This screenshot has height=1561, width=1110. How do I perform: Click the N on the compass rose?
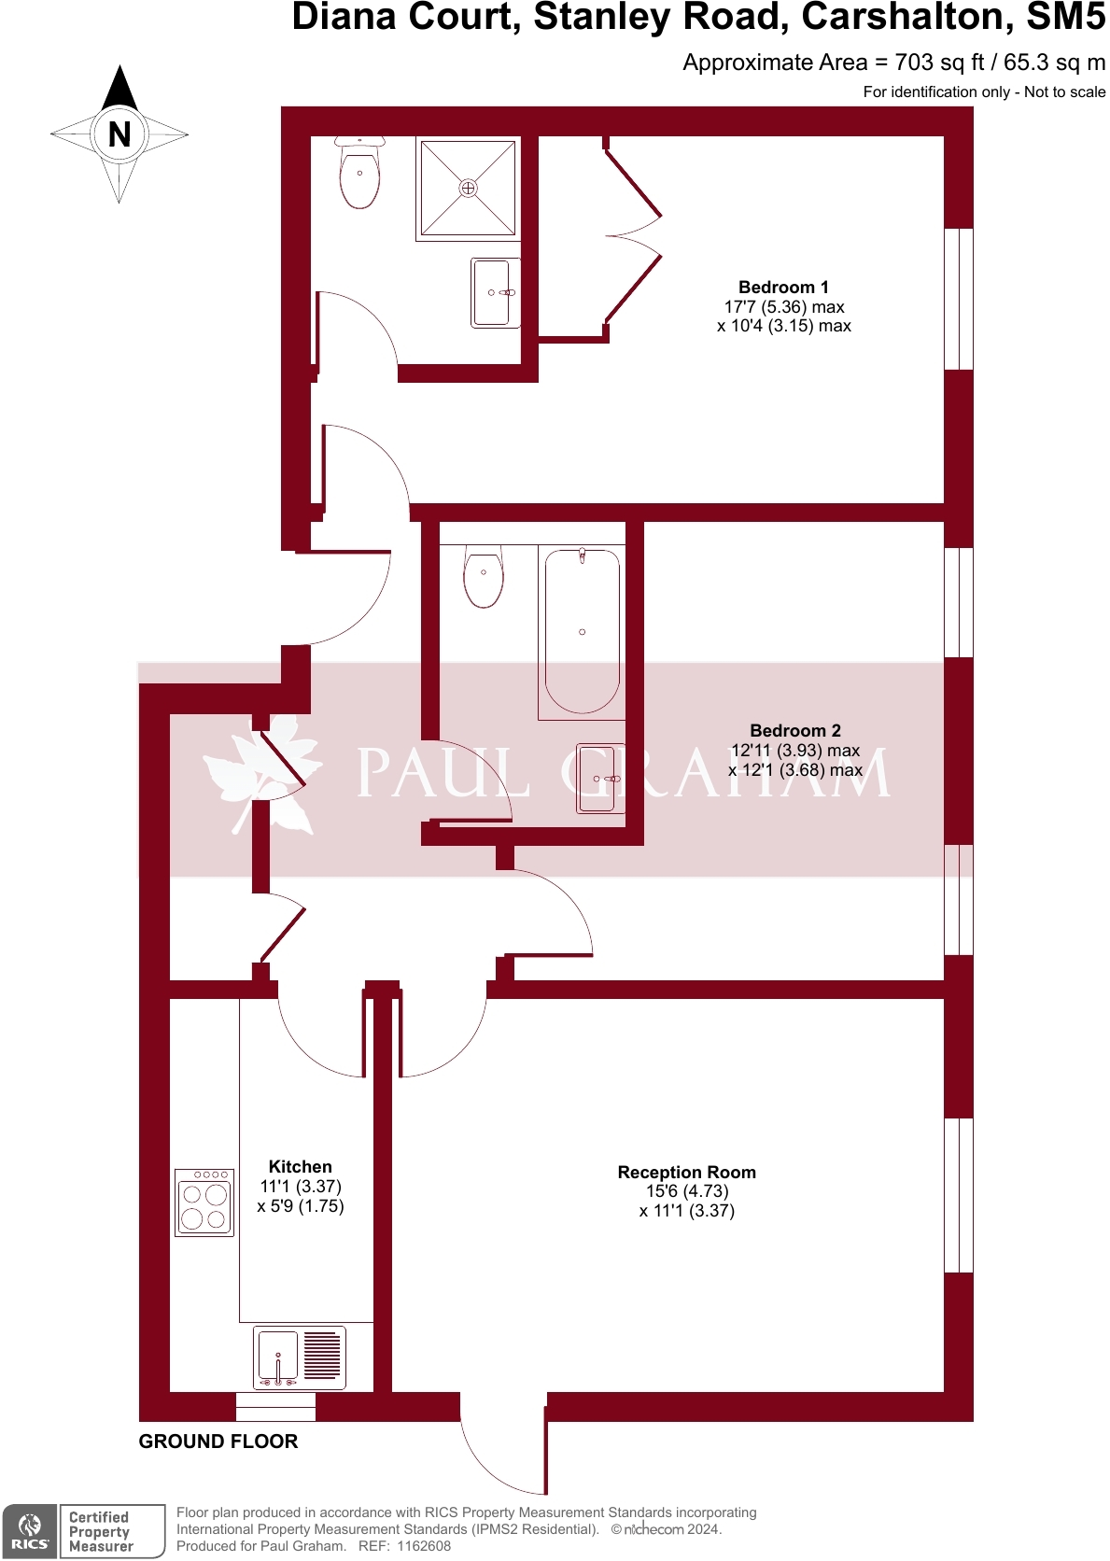119,134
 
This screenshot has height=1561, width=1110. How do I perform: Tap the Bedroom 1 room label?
783,288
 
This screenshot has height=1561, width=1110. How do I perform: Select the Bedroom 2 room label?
795,731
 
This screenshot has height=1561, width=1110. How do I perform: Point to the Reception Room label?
686,1173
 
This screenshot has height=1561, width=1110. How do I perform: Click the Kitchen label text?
300,1167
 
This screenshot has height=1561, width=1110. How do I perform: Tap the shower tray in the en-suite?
468,189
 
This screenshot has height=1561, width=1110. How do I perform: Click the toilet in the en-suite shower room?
359,175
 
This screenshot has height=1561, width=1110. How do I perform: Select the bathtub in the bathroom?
582,632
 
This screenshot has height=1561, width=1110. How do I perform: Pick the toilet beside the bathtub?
484,576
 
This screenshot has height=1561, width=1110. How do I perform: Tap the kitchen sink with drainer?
300,1357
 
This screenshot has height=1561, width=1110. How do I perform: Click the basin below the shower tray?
493,293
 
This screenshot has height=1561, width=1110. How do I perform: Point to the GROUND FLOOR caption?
218,1441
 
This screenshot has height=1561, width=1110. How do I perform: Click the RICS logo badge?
30,1532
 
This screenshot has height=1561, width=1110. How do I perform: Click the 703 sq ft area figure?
939,63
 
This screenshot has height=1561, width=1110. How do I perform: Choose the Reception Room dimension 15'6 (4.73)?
686,1191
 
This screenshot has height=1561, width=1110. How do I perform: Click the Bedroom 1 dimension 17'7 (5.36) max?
783,307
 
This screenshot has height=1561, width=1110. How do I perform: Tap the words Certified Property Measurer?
101,1532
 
